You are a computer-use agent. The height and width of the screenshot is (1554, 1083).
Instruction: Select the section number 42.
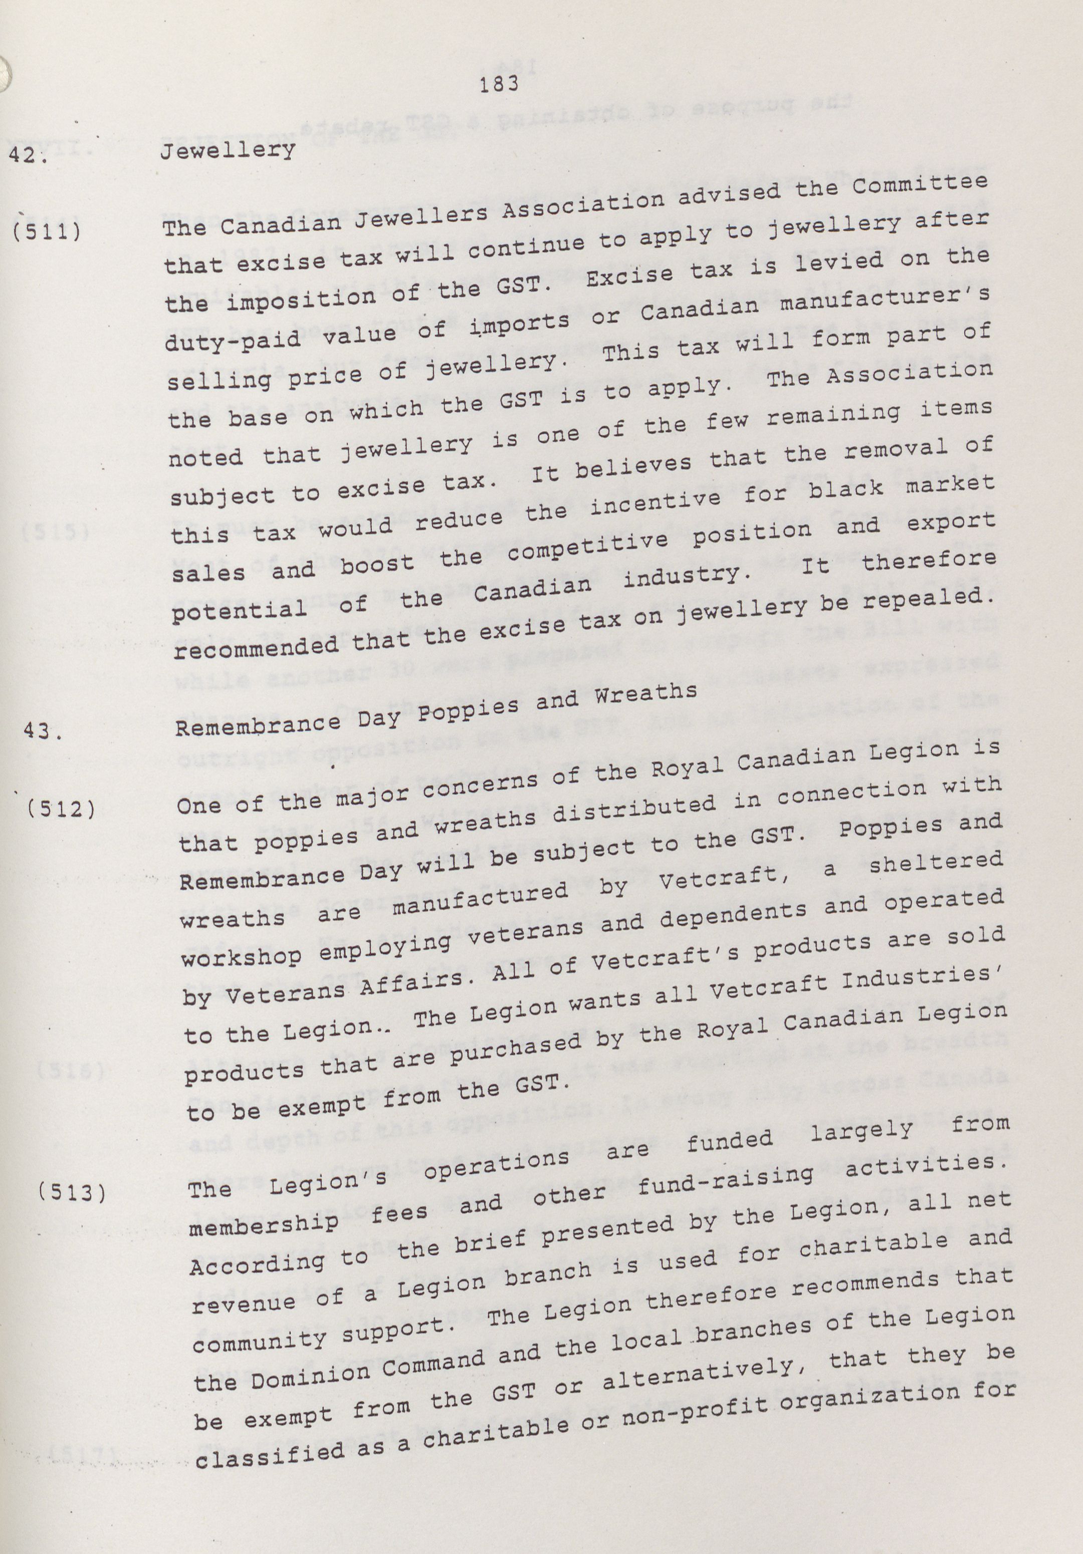(25, 154)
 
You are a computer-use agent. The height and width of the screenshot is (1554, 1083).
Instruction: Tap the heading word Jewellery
(228, 150)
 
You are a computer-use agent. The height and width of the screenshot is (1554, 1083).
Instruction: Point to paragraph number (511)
(47, 232)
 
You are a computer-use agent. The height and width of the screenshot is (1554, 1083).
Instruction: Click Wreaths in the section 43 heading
(646, 693)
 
